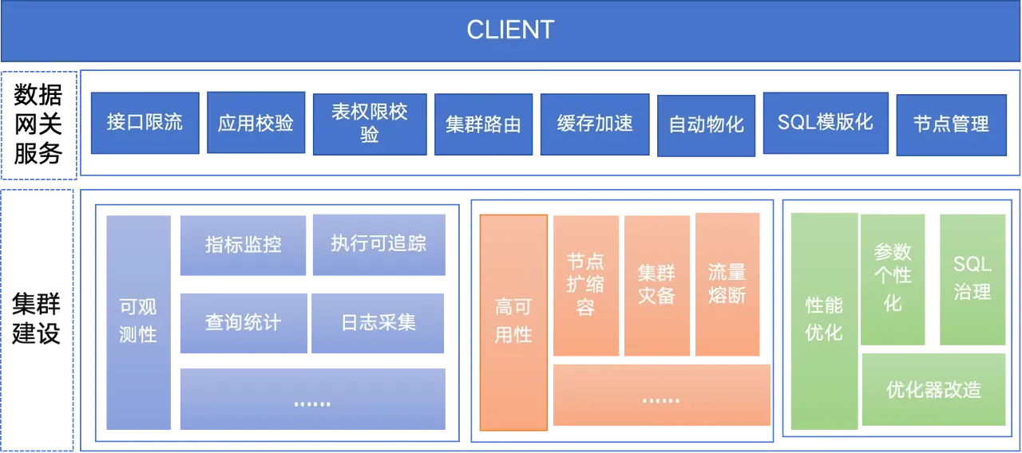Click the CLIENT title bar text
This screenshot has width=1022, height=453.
click(510, 30)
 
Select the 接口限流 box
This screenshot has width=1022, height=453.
click(145, 122)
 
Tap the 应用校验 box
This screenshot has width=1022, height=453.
click(255, 123)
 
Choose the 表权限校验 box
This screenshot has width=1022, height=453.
click(369, 123)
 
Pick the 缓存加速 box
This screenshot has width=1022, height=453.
click(595, 124)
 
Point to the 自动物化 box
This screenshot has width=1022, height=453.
click(706, 124)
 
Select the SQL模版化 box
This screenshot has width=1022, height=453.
click(825, 122)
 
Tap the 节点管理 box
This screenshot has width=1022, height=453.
click(951, 124)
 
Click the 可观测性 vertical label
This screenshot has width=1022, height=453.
click(137, 321)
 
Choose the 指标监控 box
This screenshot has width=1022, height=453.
click(243, 245)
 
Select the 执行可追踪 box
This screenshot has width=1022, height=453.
click(378, 244)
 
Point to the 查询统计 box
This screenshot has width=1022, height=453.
click(243, 323)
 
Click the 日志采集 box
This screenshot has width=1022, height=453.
click(378, 323)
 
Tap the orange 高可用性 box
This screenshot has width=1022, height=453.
click(513, 321)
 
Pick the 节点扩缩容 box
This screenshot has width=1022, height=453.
click(585, 285)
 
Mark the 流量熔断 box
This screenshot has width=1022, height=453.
click(727, 285)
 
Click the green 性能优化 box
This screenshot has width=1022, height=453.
click(823, 319)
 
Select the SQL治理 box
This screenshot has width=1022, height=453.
click(972, 278)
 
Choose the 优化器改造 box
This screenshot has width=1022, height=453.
click(933, 390)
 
